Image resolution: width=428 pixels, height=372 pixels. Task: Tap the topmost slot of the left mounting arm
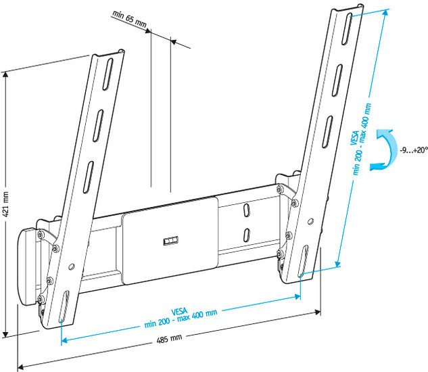[108, 74]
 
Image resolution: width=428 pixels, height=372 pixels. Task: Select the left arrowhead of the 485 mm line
[19, 367]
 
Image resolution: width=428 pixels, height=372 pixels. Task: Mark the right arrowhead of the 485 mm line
[318, 312]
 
